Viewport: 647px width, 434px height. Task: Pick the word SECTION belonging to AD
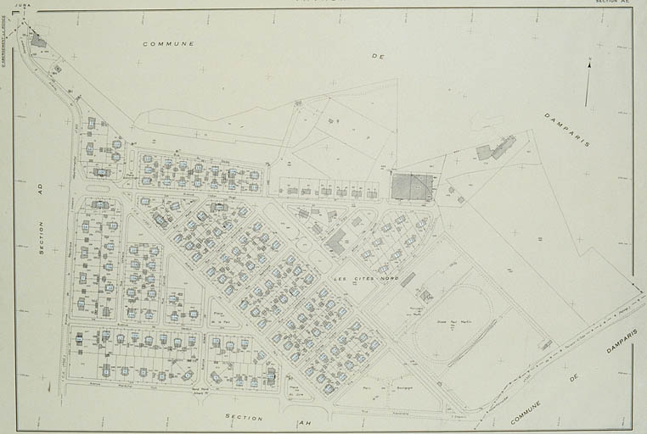[40, 237]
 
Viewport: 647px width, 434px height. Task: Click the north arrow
[588, 79]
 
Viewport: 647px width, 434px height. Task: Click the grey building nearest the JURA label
[38, 40]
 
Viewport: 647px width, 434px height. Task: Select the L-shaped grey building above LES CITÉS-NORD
[336, 242]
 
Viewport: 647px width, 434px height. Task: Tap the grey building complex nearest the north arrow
[494, 150]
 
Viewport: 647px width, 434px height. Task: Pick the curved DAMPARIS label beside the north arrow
[567, 129]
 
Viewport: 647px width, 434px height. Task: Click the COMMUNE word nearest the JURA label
[168, 43]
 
